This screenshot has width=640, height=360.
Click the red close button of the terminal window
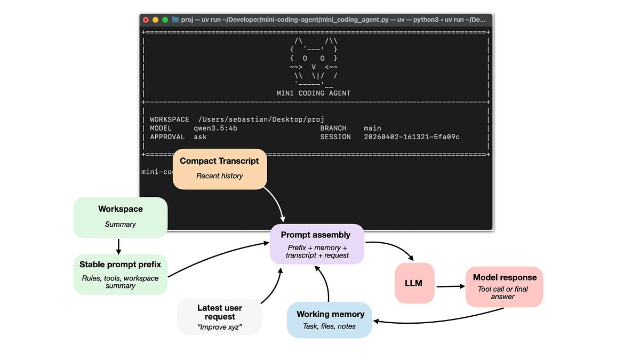tap(146, 20)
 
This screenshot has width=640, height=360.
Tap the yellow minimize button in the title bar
tap(156, 20)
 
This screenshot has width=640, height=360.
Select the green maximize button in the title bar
tap(165, 20)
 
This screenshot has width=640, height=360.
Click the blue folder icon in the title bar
tap(175, 20)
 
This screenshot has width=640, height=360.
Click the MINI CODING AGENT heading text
tap(314, 93)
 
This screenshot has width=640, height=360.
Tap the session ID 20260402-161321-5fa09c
tap(412, 137)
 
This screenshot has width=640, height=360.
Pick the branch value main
tap(373, 128)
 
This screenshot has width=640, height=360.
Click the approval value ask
tap(200, 137)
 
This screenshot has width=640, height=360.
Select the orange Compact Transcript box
tap(219, 169)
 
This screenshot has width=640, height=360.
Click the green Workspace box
tap(121, 217)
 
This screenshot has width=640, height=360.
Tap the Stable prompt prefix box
tap(121, 274)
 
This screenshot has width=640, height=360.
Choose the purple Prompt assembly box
tap(317, 244)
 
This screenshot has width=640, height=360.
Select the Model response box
tap(504, 286)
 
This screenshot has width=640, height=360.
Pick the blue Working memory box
tap(330, 319)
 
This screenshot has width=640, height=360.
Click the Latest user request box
tap(220, 316)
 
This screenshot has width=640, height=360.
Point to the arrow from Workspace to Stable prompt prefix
tap(118, 245)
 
